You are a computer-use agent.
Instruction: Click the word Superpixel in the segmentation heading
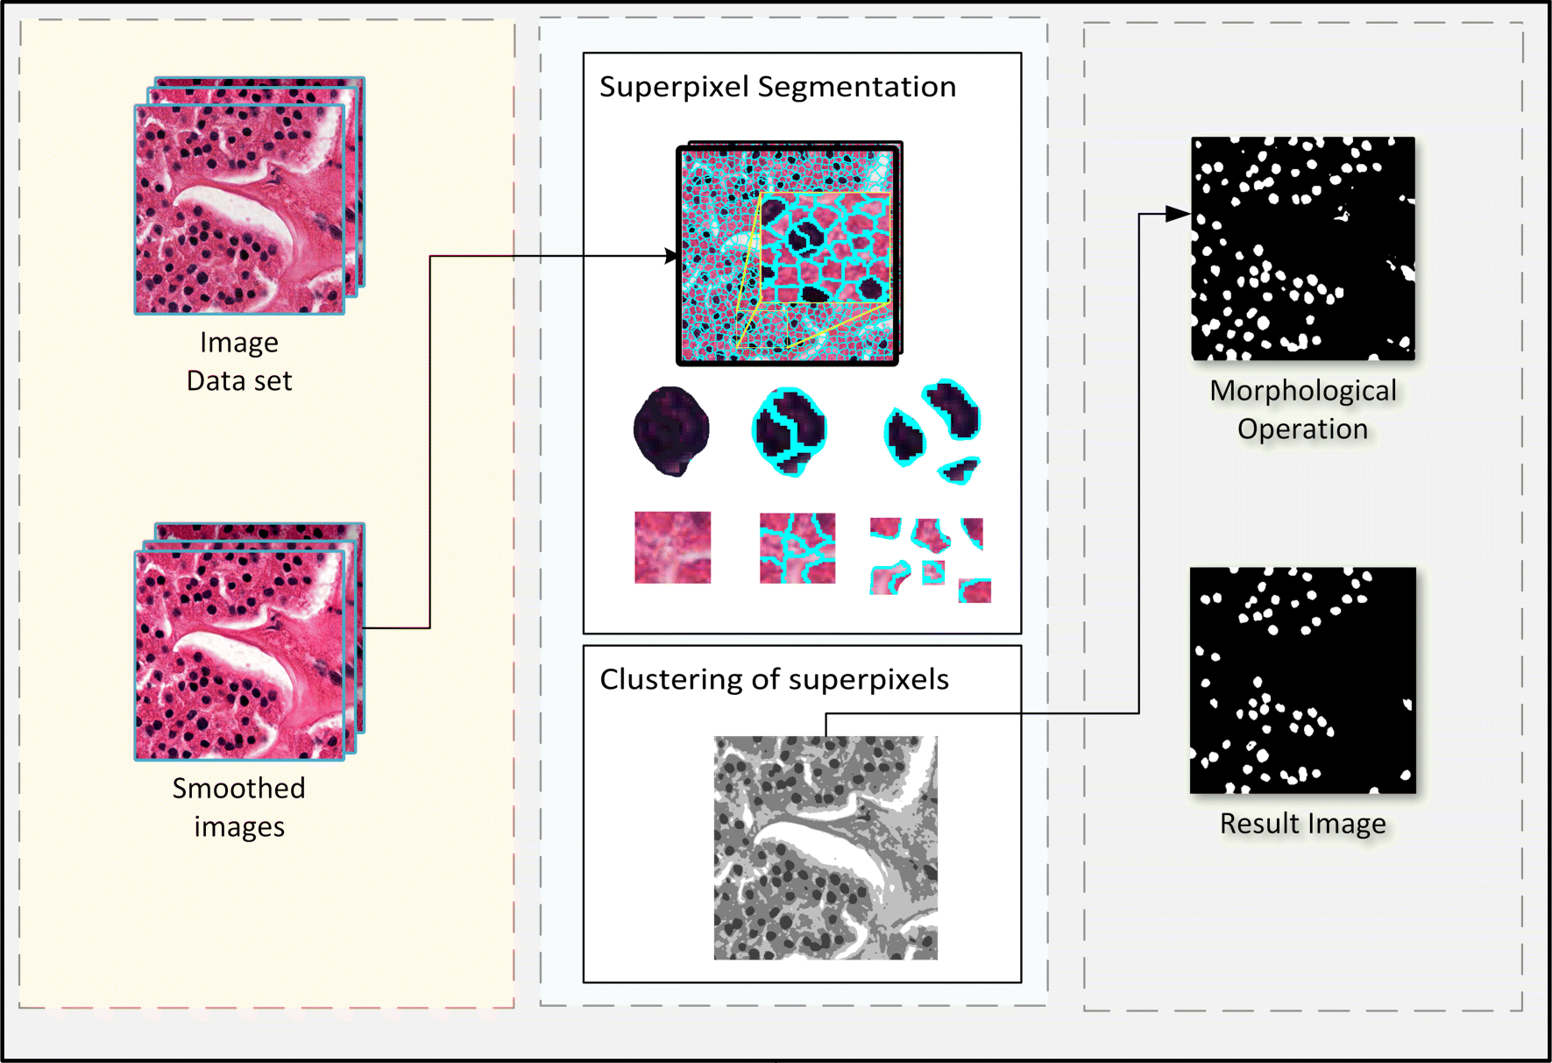[674, 87]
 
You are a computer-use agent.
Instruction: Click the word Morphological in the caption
[1303, 391]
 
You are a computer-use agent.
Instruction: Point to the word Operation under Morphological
[1302, 429]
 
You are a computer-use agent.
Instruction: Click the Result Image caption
[1302, 824]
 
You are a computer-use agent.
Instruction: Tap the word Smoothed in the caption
[238, 789]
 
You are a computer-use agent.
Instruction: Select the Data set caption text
[239, 381]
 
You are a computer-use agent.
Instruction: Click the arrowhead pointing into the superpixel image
[671, 256]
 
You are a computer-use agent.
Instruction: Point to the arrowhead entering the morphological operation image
[1180, 214]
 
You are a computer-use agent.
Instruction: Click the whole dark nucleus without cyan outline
[671, 430]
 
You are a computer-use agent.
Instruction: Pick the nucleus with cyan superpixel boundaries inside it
[790, 430]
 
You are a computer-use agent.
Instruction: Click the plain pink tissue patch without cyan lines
[672, 548]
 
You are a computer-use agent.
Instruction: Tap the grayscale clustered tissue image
[826, 847]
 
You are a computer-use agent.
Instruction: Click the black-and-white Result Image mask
[1302, 680]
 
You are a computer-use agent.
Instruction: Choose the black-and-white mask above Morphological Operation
[1302, 248]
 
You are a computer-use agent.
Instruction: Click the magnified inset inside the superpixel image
[825, 248]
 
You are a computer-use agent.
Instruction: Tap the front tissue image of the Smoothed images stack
[238, 655]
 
